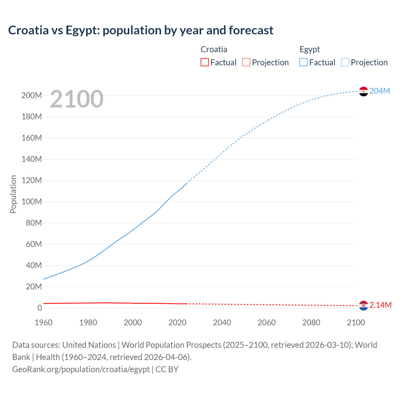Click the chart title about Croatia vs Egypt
(x=141, y=30)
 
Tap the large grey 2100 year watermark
(x=77, y=99)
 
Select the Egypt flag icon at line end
(x=363, y=91)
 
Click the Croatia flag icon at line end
(x=363, y=306)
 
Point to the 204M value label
(x=380, y=91)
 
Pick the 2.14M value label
(x=380, y=305)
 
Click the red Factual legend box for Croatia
(x=204, y=62)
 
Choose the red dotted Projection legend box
(x=246, y=62)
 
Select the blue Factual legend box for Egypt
(x=303, y=62)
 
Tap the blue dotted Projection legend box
(x=345, y=62)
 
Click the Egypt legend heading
(x=309, y=49)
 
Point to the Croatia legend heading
(x=214, y=49)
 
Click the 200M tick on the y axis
(x=32, y=95)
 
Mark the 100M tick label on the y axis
(x=32, y=202)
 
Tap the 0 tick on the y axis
(x=39, y=308)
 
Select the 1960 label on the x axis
(x=43, y=322)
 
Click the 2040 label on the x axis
(x=222, y=322)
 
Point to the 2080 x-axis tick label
(x=311, y=322)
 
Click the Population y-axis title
(x=13, y=194)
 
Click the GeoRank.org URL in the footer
(x=81, y=369)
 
